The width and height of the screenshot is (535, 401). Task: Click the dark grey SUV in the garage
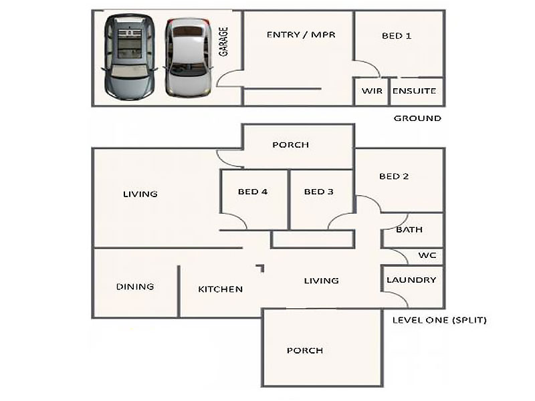[130, 57]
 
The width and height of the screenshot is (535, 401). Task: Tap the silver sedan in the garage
[188, 57]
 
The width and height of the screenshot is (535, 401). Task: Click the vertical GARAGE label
[223, 41]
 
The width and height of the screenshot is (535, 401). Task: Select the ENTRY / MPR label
[301, 35]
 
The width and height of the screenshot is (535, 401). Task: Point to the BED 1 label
[397, 36]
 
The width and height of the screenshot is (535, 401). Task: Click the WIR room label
[372, 91]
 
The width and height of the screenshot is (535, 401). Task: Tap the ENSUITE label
[414, 91]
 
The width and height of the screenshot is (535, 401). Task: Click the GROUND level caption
[417, 118]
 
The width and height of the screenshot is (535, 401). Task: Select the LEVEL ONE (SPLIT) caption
[439, 320]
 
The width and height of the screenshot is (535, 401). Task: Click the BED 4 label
[253, 192]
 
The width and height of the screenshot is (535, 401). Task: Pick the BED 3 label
[319, 192]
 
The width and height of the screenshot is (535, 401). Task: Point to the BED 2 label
[394, 176]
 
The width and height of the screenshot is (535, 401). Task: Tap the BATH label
[409, 229]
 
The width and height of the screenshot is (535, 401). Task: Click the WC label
[427, 255]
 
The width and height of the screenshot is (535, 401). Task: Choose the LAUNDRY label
[411, 280]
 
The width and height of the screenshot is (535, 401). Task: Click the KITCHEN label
[221, 289]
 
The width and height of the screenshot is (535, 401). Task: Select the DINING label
[135, 287]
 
